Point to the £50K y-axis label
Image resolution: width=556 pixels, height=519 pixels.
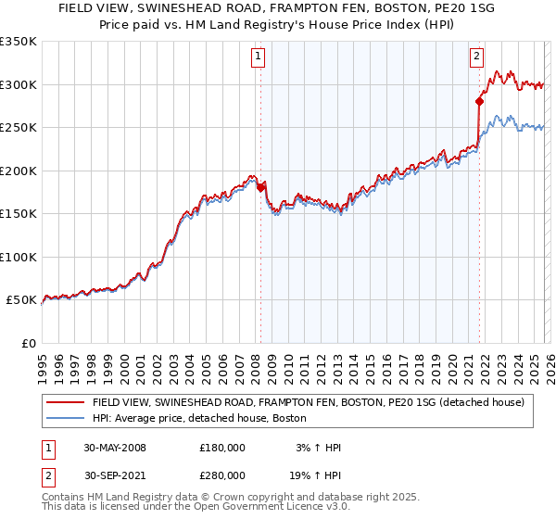coord(20,300)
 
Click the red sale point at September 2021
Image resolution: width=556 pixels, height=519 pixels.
coord(479,101)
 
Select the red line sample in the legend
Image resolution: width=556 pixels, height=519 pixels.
coord(65,402)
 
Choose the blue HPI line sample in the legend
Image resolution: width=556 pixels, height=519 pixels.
coord(65,418)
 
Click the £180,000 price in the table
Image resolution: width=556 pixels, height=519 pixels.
coord(222,448)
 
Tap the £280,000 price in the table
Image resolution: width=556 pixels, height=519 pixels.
coord(222,475)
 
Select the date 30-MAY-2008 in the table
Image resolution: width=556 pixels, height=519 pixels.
coord(115,448)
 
